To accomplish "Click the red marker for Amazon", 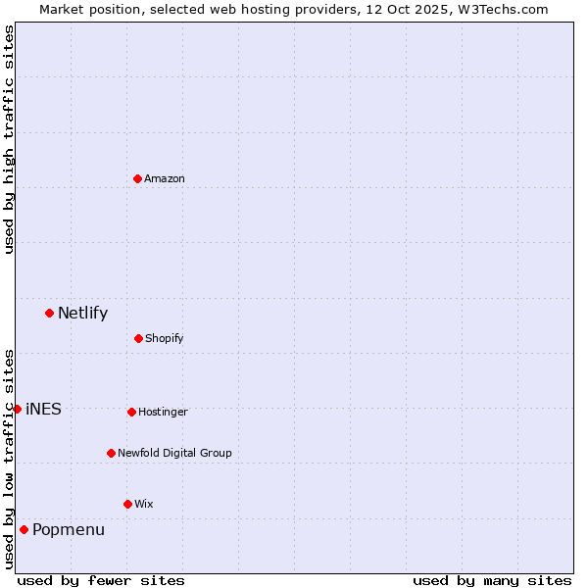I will click(137, 178).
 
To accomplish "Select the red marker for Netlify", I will click(49, 313).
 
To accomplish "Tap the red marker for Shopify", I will click(138, 338).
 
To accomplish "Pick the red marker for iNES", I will click(17, 409).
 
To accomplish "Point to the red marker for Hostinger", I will click(131, 412).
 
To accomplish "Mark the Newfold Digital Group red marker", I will click(111, 453).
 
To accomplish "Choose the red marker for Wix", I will click(127, 504).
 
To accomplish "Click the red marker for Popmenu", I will click(24, 529).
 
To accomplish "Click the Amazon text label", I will click(165, 178).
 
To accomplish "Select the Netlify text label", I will click(82, 314).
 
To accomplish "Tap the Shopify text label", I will click(165, 339).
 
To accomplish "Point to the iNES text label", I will click(43, 410).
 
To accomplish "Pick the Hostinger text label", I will click(163, 413).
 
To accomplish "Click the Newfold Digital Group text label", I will click(174, 454).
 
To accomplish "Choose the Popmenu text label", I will click(69, 530).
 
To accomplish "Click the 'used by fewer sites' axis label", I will click(101, 580).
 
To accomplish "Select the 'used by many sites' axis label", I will click(492, 580).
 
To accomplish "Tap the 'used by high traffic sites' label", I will click(9, 139).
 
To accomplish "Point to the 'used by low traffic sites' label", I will click(9, 458).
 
